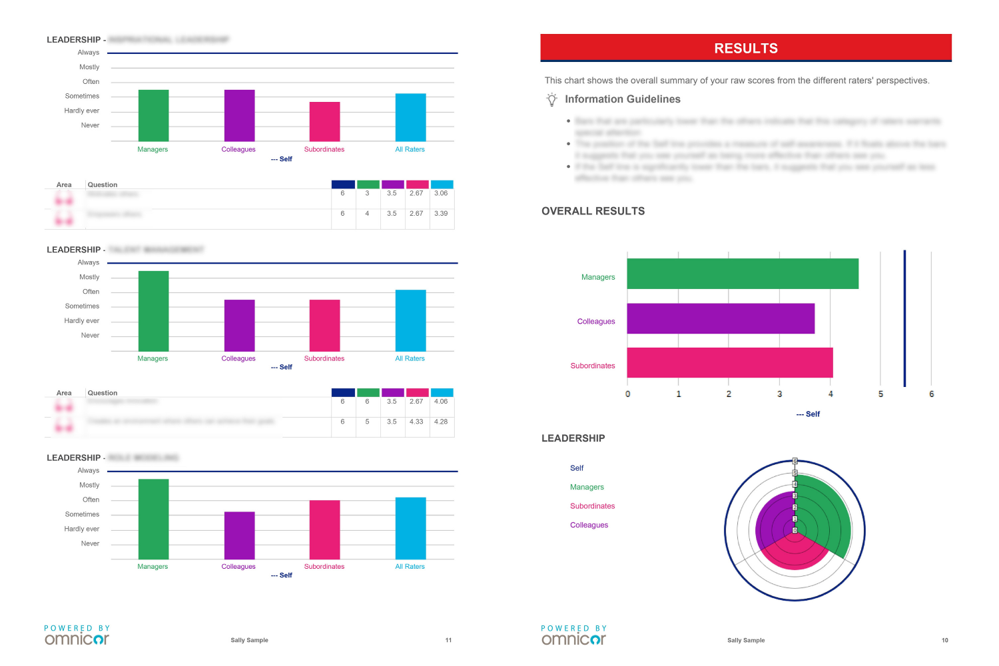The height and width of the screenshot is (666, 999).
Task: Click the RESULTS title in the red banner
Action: pos(746,49)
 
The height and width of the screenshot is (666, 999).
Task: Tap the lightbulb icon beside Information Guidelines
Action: pos(551,99)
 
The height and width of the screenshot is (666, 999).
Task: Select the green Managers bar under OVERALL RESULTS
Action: pos(743,274)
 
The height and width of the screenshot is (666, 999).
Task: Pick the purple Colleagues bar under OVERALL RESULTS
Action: pos(721,318)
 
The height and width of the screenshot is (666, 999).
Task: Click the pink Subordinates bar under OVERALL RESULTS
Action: pos(730,362)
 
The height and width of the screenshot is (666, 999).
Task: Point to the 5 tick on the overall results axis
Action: pos(880,394)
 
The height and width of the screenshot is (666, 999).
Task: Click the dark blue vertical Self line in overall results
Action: pos(904,318)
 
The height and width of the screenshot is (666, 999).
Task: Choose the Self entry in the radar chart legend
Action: pos(577,468)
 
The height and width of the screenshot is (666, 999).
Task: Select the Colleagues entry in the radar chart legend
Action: pos(589,525)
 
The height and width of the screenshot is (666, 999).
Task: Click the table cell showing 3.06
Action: pos(441,193)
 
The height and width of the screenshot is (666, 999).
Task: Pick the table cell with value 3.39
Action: pos(441,214)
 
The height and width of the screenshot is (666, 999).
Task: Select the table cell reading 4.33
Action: pos(416,422)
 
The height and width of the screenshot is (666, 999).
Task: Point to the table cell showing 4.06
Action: pos(441,402)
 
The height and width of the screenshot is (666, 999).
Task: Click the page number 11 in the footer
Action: pos(448,640)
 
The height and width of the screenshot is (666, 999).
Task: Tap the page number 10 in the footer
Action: pos(944,640)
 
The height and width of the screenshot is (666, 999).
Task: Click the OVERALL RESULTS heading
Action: pos(593,211)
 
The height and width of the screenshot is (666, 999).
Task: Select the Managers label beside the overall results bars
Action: pos(598,277)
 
